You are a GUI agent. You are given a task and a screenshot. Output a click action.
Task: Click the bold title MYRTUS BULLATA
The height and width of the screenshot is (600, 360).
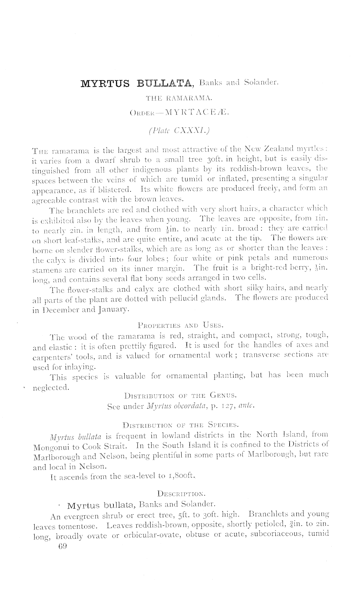(x=137, y=84)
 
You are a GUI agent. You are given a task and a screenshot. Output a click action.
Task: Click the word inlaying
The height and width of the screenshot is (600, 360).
(x=79, y=367)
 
